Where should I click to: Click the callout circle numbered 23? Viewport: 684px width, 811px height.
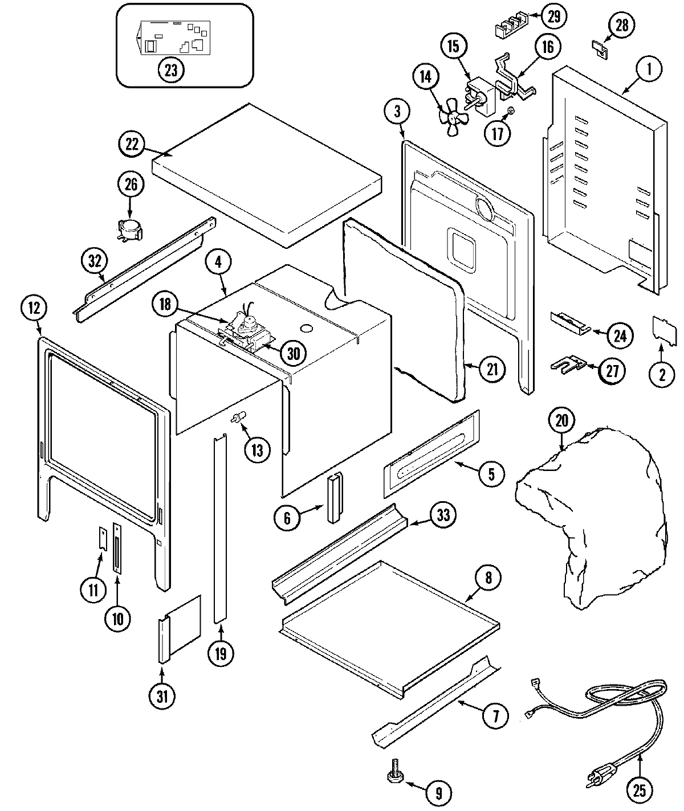tap(170, 70)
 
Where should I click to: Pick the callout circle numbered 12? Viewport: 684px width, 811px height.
tap(34, 308)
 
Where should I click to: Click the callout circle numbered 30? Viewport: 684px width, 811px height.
tap(292, 354)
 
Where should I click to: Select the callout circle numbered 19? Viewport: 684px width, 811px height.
tap(221, 653)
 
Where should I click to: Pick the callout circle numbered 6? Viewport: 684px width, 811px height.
tap(287, 517)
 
